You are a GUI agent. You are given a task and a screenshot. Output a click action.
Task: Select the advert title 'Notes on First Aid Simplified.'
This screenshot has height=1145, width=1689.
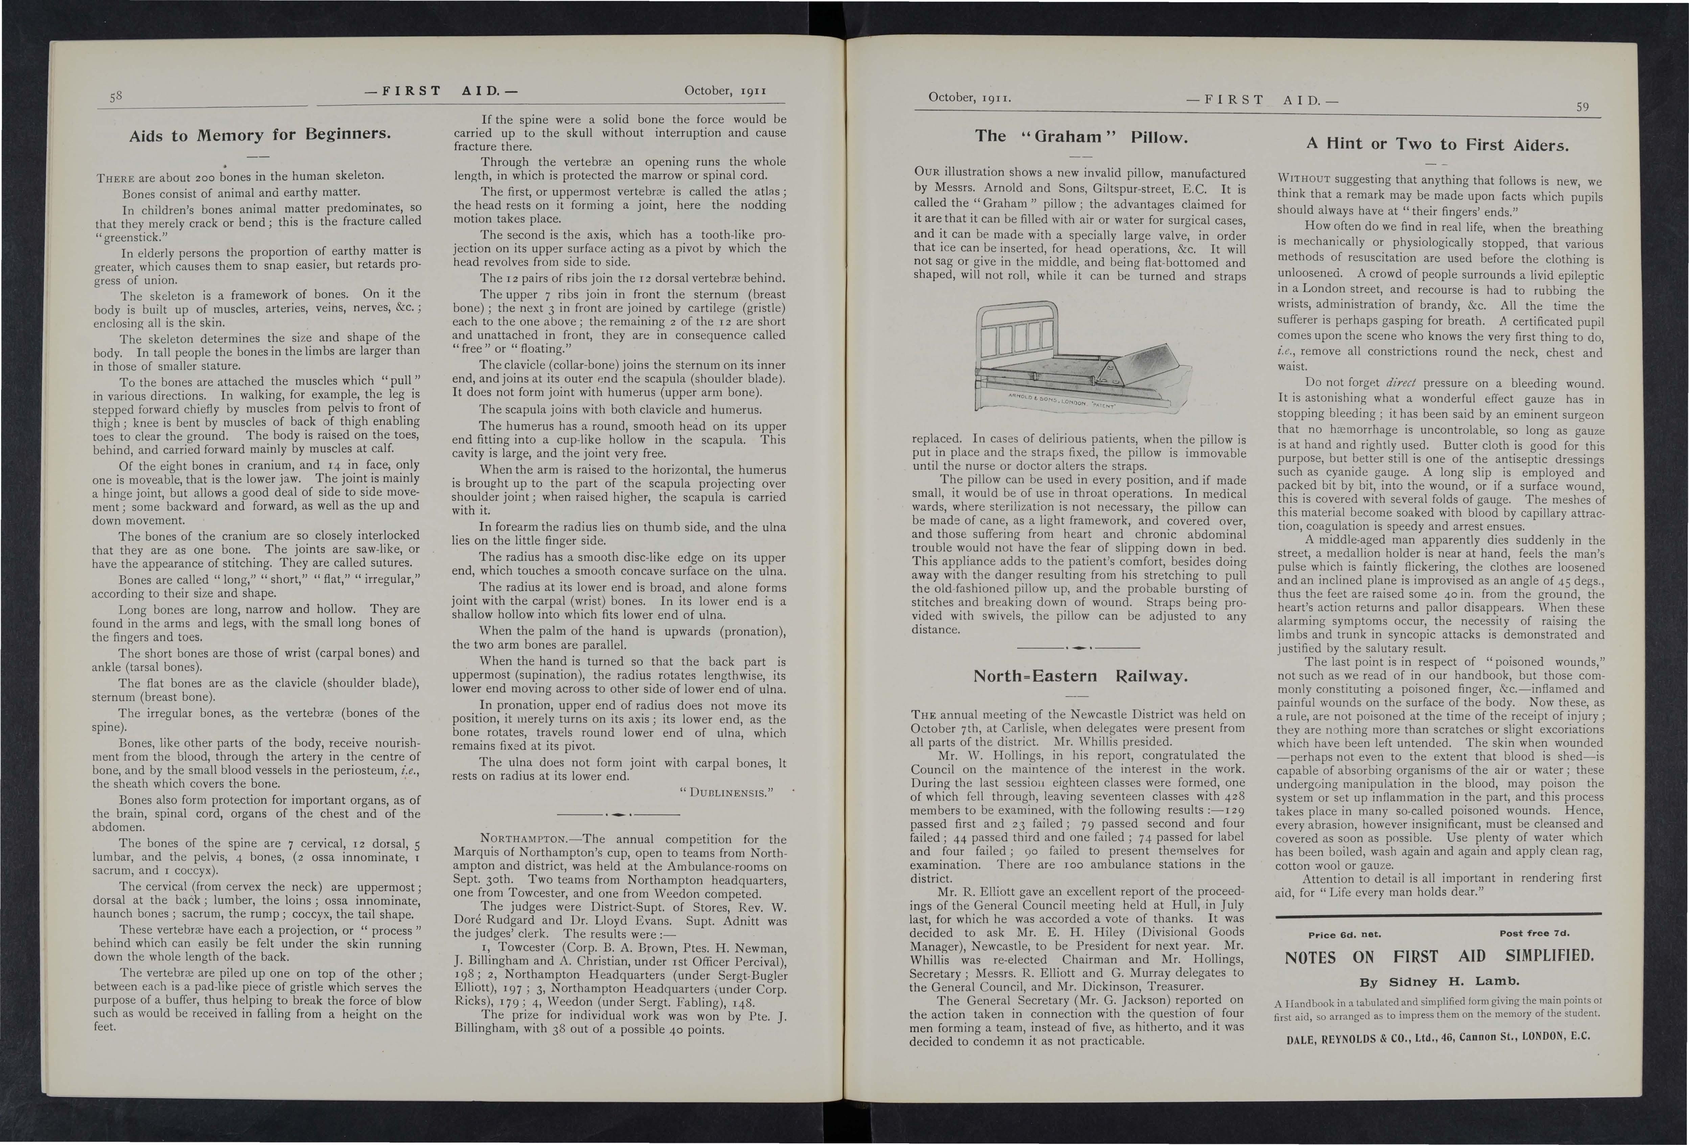1439,956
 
